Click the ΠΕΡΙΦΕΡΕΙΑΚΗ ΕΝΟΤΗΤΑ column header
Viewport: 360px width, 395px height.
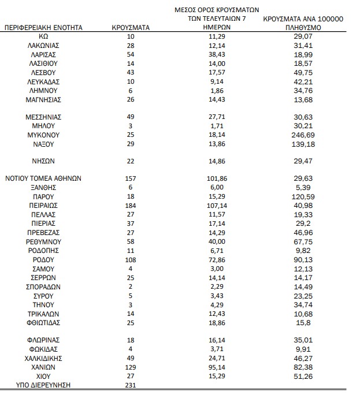[x=43, y=27]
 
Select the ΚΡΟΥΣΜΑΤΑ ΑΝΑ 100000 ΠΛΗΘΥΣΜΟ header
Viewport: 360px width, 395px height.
[x=303, y=23]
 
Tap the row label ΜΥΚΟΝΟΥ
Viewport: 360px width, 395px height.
[x=44, y=134]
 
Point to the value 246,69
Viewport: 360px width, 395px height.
[x=303, y=134]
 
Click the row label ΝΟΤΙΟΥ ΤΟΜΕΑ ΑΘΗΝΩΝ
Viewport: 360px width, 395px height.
[x=43, y=178]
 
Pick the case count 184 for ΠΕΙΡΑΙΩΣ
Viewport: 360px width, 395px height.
[x=131, y=205]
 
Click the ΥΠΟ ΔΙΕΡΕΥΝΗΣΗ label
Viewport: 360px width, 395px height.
[x=43, y=385]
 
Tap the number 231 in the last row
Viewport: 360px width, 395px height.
[x=131, y=385]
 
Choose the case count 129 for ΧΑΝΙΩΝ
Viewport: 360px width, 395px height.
[x=131, y=367]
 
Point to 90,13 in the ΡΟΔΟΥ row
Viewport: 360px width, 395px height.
[x=303, y=259]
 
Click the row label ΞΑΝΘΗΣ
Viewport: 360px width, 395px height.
[x=44, y=188]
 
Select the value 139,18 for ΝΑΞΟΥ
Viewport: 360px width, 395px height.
[x=303, y=143]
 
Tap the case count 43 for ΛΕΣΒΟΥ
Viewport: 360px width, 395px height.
[x=131, y=72]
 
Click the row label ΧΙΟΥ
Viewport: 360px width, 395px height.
[x=44, y=377]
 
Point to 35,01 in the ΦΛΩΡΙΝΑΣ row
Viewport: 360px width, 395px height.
[x=303, y=340]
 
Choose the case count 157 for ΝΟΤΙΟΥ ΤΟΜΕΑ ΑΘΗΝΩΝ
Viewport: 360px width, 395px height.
[x=131, y=178]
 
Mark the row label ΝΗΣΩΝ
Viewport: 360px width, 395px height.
[x=44, y=161]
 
